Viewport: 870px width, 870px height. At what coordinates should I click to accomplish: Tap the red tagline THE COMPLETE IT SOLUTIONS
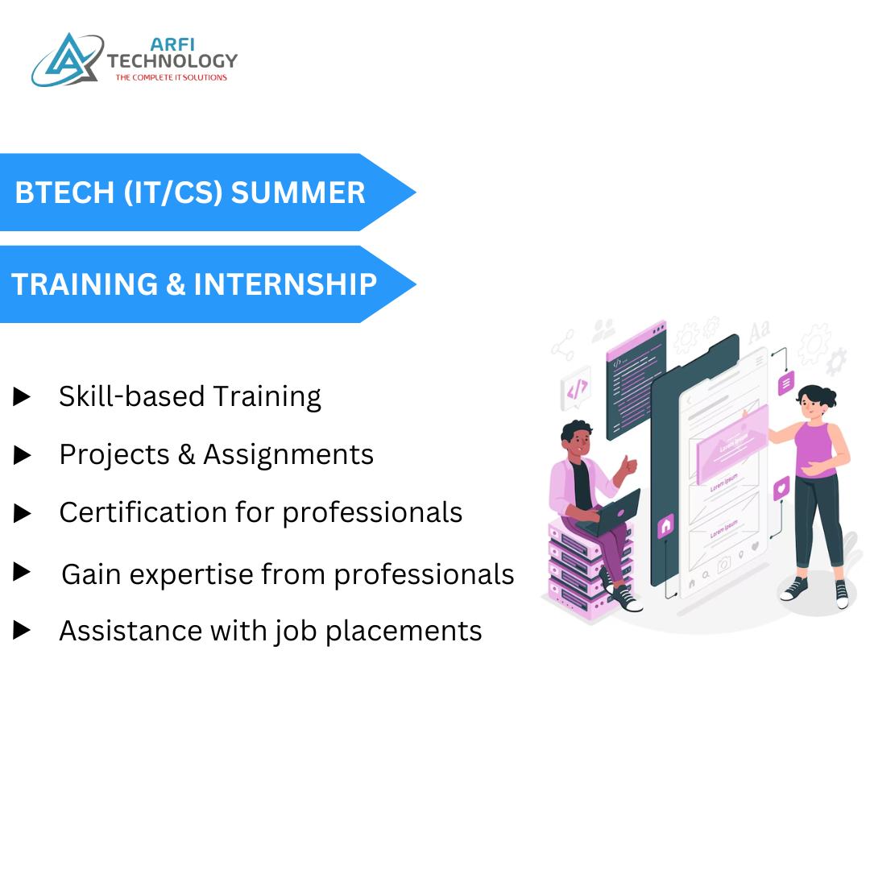coord(171,78)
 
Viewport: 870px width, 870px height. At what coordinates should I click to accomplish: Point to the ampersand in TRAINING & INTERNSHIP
coord(176,284)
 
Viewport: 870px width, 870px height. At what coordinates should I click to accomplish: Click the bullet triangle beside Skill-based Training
coord(23,396)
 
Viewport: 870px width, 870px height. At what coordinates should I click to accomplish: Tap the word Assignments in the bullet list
coord(288,455)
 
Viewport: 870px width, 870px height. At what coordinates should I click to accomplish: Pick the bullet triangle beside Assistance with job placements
coord(23,630)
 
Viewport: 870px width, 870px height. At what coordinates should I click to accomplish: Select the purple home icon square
coord(665,526)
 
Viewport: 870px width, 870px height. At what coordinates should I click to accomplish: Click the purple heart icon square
coord(781,488)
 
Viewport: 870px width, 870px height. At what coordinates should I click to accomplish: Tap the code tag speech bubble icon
coord(577,391)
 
